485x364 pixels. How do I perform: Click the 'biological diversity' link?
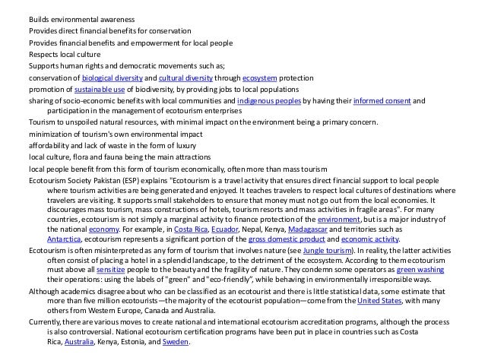(x=111, y=78)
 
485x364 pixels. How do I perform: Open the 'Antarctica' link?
(x=65, y=238)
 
